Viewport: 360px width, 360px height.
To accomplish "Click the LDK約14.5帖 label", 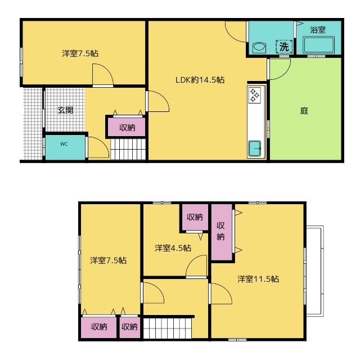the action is point(200,80).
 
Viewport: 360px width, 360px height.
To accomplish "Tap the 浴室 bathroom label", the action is point(318,30).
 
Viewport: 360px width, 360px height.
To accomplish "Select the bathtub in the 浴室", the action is point(318,45).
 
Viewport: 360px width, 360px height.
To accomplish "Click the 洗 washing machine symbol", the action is point(284,47).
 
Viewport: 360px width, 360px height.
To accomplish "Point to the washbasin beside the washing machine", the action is point(259,47).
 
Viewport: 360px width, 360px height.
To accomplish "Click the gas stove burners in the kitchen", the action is point(255,95).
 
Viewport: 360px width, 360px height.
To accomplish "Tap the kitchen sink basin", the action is point(255,148).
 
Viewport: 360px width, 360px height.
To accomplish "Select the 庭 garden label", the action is point(304,111).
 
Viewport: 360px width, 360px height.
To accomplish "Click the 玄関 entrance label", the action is point(65,110).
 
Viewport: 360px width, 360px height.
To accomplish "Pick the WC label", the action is point(64,144).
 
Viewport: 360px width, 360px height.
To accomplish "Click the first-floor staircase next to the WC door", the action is point(128,149).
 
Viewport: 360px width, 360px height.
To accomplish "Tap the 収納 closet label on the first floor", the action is point(127,128).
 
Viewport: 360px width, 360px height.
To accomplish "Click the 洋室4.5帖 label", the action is point(173,248).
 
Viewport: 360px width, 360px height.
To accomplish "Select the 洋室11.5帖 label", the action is point(258,279).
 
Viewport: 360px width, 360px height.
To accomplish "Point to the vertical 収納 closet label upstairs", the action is point(220,231).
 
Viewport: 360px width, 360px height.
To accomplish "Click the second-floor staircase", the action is point(168,327).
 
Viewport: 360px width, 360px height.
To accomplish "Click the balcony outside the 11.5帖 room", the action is point(315,271).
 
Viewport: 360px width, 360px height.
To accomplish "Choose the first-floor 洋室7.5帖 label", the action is point(80,53).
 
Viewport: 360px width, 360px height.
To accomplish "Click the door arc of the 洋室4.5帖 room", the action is point(192,259).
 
